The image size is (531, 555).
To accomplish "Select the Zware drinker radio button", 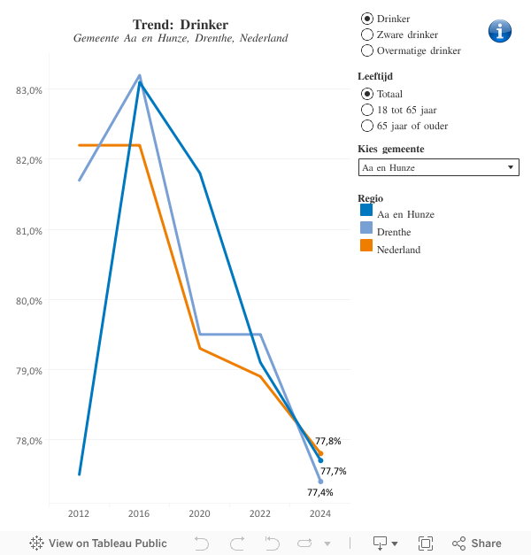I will tap(367, 35).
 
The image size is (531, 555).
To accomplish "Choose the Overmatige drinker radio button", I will tap(367, 50).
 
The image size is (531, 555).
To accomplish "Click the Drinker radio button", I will tap(367, 19).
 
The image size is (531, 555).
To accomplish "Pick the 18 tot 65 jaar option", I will tap(367, 110).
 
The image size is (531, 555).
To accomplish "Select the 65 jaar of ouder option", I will tap(367, 126).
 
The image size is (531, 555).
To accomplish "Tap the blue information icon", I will tap(500, 31).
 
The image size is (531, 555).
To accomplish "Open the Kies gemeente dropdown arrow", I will tap(511, 167).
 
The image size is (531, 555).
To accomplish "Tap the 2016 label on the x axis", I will tap(139, 513).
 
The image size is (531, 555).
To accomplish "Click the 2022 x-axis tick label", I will tap(260, 513).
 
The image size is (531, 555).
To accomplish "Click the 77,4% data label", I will tap(319, 493).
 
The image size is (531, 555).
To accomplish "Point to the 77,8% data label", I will tap(328, 441).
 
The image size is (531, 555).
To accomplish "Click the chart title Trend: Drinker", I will tap(181, 24).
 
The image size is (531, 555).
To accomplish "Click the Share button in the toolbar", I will tap(477, 543).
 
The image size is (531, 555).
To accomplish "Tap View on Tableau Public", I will tap(98, 543).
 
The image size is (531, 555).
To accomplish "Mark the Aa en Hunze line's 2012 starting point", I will tap(80, 474).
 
